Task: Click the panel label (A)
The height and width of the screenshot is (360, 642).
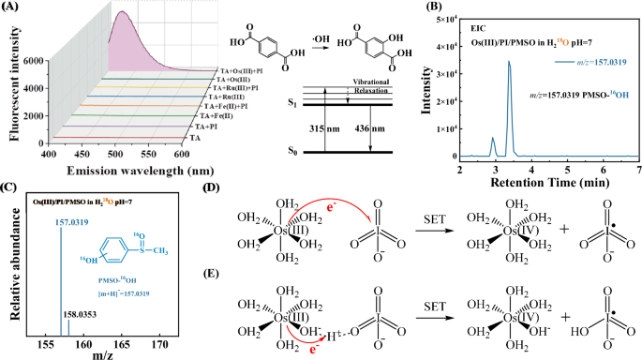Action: pos(15,7)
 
